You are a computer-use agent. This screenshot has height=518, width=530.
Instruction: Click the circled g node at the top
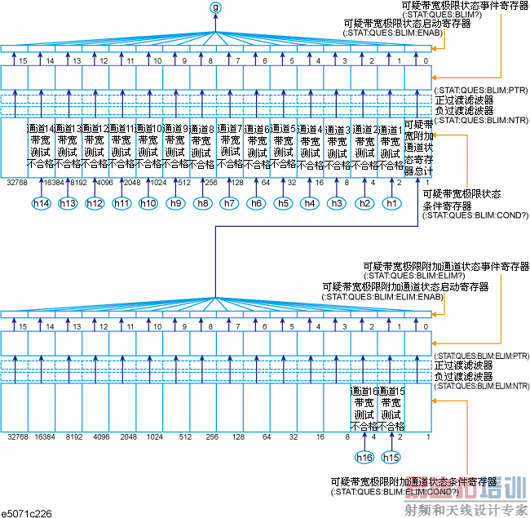(x=215, y=7)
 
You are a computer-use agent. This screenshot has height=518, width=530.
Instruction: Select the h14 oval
(x=41, y=202)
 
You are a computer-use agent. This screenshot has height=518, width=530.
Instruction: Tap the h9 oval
(x=174, y=202)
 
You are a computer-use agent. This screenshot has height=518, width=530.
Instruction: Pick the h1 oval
(x=391, y=202)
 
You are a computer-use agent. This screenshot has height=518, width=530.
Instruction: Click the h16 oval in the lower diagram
(x=364, y=458)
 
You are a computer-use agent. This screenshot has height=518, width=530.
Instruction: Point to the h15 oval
(x=391, y=458)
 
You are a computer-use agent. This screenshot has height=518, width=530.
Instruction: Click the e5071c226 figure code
(x=26, y=512)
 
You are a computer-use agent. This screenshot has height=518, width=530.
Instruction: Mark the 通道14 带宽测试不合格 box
(x=41, y=146)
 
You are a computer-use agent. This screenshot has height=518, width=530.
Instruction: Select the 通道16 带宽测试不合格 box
(x=364, y=409)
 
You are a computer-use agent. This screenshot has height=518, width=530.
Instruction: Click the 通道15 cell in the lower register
(x=391, y=409)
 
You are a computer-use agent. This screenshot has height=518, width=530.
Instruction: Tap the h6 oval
(x=256, y=202)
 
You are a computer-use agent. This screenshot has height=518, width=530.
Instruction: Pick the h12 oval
(x=95, y=202)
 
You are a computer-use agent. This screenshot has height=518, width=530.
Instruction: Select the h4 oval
(x=310, y=202)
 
